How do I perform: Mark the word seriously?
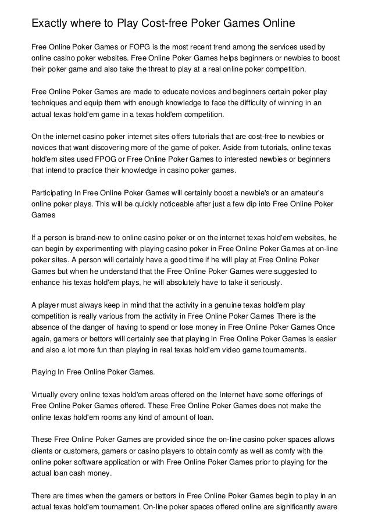[262, 284]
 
